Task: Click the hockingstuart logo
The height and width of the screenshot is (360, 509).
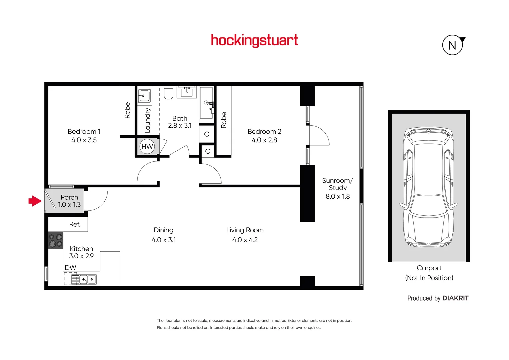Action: pos(254,40)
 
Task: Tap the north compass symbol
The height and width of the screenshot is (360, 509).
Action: pos(452,45)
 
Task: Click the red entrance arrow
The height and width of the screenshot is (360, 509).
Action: pos(35,201)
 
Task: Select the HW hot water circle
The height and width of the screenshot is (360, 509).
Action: pos(147,147)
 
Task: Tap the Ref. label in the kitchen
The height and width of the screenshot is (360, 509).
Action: pos(75,224)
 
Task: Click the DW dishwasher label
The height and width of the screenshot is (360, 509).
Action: pos(70,267)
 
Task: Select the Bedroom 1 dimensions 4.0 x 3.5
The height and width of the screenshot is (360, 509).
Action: pos(84,140)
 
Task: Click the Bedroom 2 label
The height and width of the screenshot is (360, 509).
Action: pos(264,132)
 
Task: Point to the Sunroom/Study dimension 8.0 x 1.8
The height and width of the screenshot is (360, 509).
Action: pos(337,197)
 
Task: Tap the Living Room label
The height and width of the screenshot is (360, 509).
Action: pos(245,230)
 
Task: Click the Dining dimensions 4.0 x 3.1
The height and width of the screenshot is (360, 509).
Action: pos(164,240)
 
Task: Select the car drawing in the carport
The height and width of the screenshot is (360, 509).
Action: pos(429,187)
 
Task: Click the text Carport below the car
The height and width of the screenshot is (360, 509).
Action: pos(429,268)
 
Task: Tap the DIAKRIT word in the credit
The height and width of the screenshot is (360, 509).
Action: pos(455,298)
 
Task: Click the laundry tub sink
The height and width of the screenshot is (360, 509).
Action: pos(144,96)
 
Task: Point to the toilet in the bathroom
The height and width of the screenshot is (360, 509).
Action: pos(169,93)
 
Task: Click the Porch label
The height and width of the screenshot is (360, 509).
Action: pos(69,197)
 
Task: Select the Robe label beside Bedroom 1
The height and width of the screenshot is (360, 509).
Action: pos(127,110)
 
